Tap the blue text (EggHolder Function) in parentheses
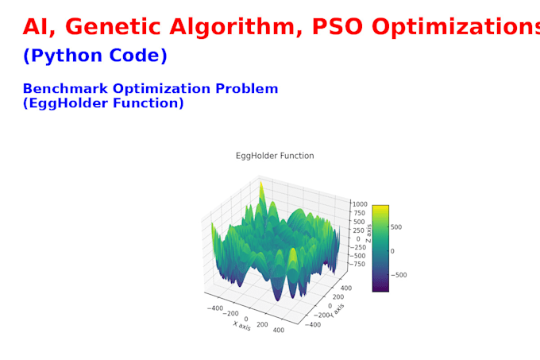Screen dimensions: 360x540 pos(103,103)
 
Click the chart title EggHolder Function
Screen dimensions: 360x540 pos(275,156)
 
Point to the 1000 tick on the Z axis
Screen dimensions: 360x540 pos(361,204)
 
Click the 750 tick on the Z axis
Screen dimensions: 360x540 pos(360,213)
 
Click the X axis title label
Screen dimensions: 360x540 pos(241,326)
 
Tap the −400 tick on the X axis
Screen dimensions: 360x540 pos(214,306)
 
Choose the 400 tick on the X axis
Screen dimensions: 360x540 pos(279,329)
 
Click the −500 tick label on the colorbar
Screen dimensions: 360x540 pos(399,275)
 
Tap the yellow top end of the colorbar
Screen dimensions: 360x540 pos(380,208)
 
